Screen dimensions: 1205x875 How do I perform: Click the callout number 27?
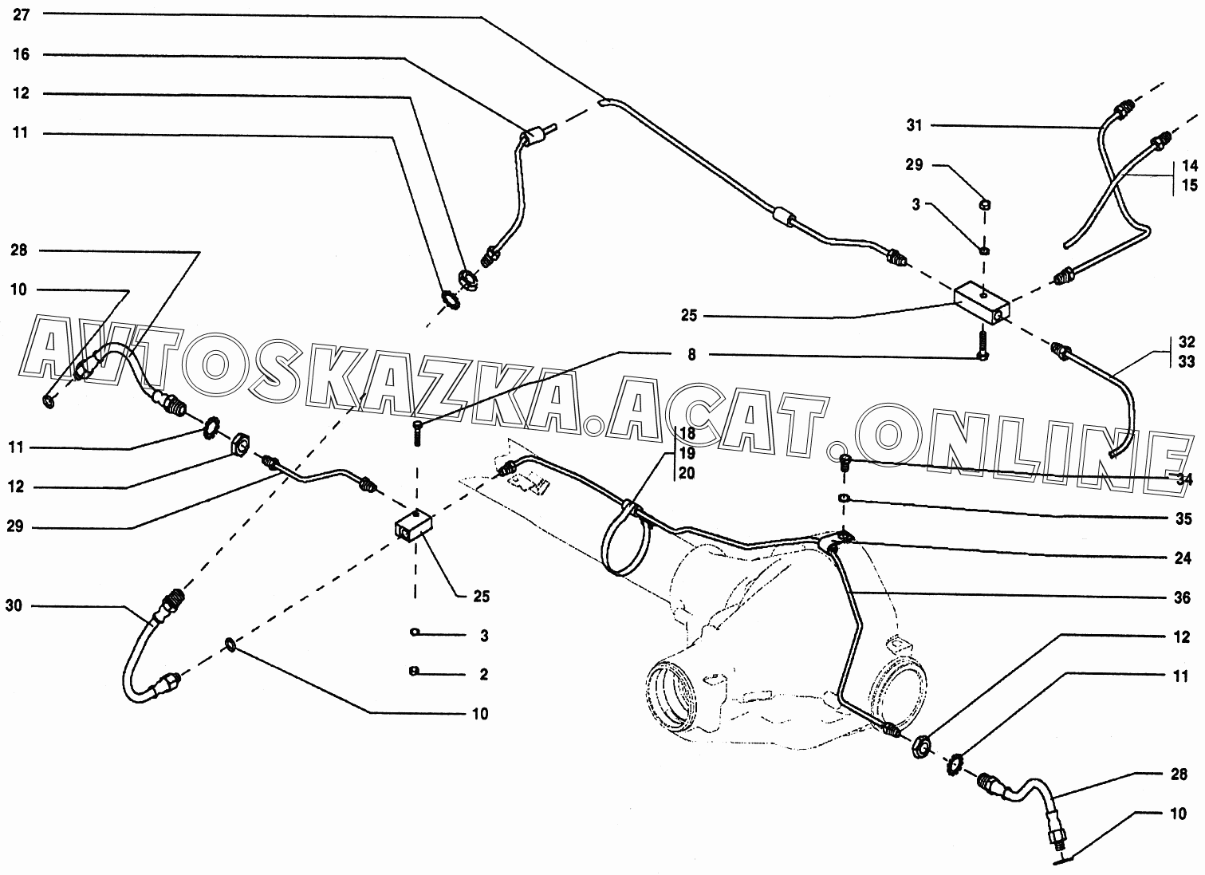21,14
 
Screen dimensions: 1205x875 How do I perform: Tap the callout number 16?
21,53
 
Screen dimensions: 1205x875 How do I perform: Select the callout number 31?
914,125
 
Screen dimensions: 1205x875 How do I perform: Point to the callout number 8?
691,355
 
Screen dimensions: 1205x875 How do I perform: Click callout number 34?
1184,479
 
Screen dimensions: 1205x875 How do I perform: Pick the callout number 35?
1183,518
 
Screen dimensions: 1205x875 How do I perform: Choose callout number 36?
1182,597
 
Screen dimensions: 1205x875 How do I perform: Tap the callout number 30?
14,606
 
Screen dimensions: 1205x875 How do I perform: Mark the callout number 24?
1183,558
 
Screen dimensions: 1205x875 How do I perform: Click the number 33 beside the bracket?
1186,361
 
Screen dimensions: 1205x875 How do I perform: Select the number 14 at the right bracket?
1189,165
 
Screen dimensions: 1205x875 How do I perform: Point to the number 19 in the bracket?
687,453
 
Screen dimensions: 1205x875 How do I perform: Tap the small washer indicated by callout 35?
843,498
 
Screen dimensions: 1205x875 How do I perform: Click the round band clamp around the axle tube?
624,538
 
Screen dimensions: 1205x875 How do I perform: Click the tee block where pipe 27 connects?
983,305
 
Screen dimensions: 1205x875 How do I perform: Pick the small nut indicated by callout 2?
414,671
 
